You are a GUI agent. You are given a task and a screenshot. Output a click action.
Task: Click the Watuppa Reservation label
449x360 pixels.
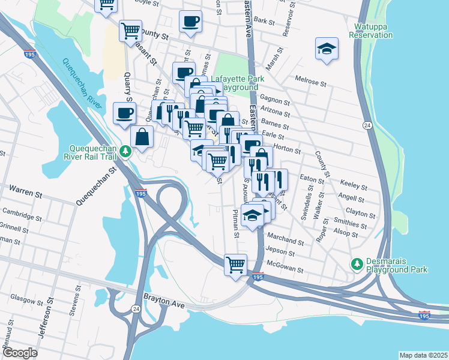373,31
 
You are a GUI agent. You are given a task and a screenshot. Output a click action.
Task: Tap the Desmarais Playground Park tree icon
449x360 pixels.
357,263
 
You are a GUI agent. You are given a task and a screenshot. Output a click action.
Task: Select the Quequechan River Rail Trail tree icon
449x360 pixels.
125,151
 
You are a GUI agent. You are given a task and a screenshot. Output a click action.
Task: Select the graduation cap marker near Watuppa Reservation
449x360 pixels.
326,49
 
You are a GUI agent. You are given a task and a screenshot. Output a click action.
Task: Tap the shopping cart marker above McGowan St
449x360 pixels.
235,264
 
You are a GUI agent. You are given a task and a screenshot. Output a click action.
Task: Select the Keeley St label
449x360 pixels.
353,184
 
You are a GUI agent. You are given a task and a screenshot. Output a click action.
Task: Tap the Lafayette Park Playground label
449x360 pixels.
234,83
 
